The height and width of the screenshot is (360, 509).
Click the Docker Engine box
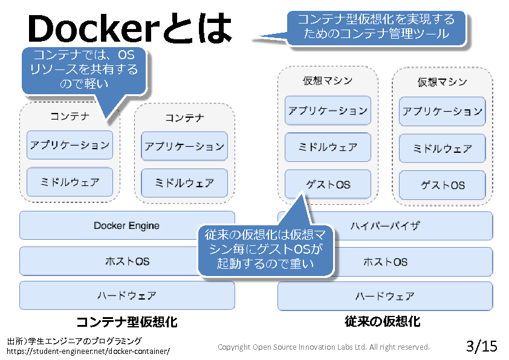tap(126, 225)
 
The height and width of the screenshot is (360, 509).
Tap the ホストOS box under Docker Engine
tap(109, 261)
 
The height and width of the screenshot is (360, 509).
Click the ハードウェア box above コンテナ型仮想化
tap(127, 295)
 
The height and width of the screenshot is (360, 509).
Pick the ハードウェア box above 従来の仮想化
tap(385, 296)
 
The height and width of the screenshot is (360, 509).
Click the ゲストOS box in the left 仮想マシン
tap(328, 184)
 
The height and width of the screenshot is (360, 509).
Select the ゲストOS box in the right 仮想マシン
tap(443, 185)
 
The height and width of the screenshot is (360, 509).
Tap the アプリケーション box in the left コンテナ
tap(70, 145)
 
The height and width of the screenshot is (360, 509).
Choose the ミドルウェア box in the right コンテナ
tap(184, 182)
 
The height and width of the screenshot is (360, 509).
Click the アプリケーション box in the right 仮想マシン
tap(443, 112)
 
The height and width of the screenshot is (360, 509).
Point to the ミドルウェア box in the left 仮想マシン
tap(328, 147)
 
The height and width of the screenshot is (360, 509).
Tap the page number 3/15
tap(482, 346)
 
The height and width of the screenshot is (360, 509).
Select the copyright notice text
tap(323, 347)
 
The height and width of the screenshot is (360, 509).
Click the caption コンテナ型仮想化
tap(126, 321)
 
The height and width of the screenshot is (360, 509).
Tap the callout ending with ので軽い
tap(84, 70)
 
